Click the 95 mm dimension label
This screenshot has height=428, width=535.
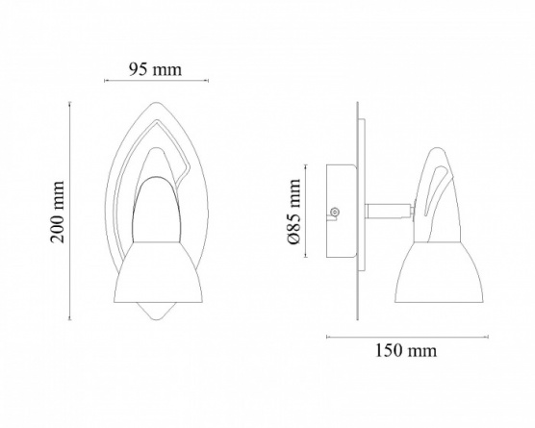coord(155,69)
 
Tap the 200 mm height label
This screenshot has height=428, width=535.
coord(58,212)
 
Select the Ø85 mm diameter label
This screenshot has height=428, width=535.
coord(293,212)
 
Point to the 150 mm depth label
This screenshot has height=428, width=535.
coord(406,351)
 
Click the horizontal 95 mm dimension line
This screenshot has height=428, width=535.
coord(156,81)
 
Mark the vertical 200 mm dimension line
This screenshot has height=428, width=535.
coord(70,211)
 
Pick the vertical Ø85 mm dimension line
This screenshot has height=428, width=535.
coord(306,211)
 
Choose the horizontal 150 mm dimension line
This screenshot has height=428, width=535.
coord(407,337)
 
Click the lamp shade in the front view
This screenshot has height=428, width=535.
coord(158,272)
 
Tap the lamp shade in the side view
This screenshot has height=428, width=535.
coord(440,272)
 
